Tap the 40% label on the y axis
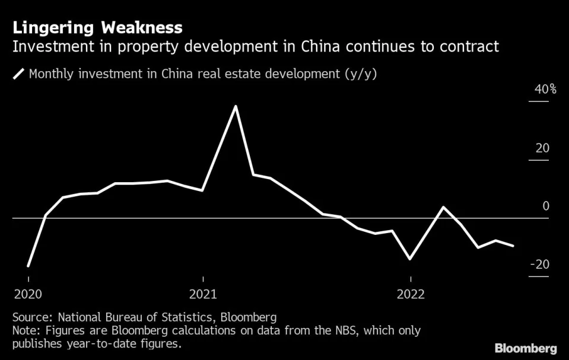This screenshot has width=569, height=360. point(546,90)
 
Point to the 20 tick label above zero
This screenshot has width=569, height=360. point(542,148)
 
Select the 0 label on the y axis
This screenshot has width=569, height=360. point(546,206)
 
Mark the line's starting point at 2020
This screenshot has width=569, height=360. point(28,266)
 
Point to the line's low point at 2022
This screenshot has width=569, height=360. point(409,259)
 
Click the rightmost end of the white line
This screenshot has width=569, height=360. point(513,246)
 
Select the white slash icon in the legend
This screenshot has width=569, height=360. point(19,74)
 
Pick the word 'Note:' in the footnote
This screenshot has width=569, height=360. point(26,330)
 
